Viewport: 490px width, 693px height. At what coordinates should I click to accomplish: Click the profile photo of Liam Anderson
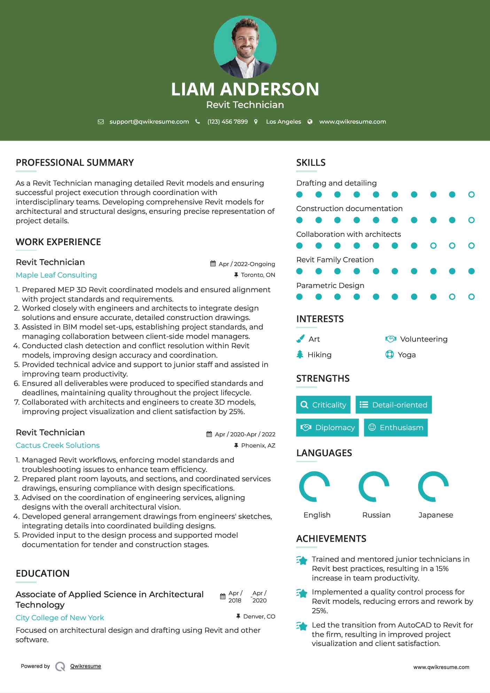pyautogui.click(x=245, y=47)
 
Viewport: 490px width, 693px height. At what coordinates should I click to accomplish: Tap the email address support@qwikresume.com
pyautogui.click(x=149, y=122)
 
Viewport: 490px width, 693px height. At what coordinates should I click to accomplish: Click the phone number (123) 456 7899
pyautogui.click(x=227, y=122)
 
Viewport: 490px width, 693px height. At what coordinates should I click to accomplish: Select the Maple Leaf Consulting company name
pyautogui.click(x=56, y=275)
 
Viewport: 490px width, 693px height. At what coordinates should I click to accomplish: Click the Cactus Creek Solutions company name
pyautogui.click(x=58, y=445)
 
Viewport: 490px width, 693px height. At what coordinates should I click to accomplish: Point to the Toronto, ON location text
pyautogui.click(x=258, y=275)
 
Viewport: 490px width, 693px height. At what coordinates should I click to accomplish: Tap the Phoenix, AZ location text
pyautogui.click(x=258, y=445)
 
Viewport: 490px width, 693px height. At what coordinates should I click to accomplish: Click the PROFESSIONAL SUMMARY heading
pyautogui.click(x=75, y=163)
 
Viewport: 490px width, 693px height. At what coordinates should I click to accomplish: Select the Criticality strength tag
pyautogui.click(x=323, y=405)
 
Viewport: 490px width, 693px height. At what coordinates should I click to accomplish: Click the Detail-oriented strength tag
pyautogui.click(x=394, y=405)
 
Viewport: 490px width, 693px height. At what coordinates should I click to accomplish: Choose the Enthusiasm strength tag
pyautogui.click(x=396, y=427)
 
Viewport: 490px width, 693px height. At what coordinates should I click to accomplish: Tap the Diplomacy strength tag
pyautogui.click(x=327, y=427)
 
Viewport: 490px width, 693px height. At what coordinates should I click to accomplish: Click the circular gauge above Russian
pyautogui.click(x=374, y=486)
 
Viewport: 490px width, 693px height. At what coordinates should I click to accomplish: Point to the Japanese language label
pyautogui.click(x=436, y=515)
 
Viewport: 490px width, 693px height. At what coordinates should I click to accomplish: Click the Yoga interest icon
pyautogui.click(x=389, y=355)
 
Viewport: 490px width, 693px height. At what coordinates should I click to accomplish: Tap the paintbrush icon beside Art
pyautogui.click(x=300, y=339)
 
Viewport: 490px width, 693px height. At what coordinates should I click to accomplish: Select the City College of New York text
pyautogui.click(x=60, y=617)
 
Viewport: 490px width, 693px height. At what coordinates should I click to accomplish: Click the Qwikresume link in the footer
pyautogui.click(x=86, y=666)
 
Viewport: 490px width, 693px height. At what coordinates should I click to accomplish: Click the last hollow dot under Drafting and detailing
pyautogui.click(x=471, y=194)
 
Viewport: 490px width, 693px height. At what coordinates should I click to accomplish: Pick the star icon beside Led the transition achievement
pyautogui.click(x=302, y=626)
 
